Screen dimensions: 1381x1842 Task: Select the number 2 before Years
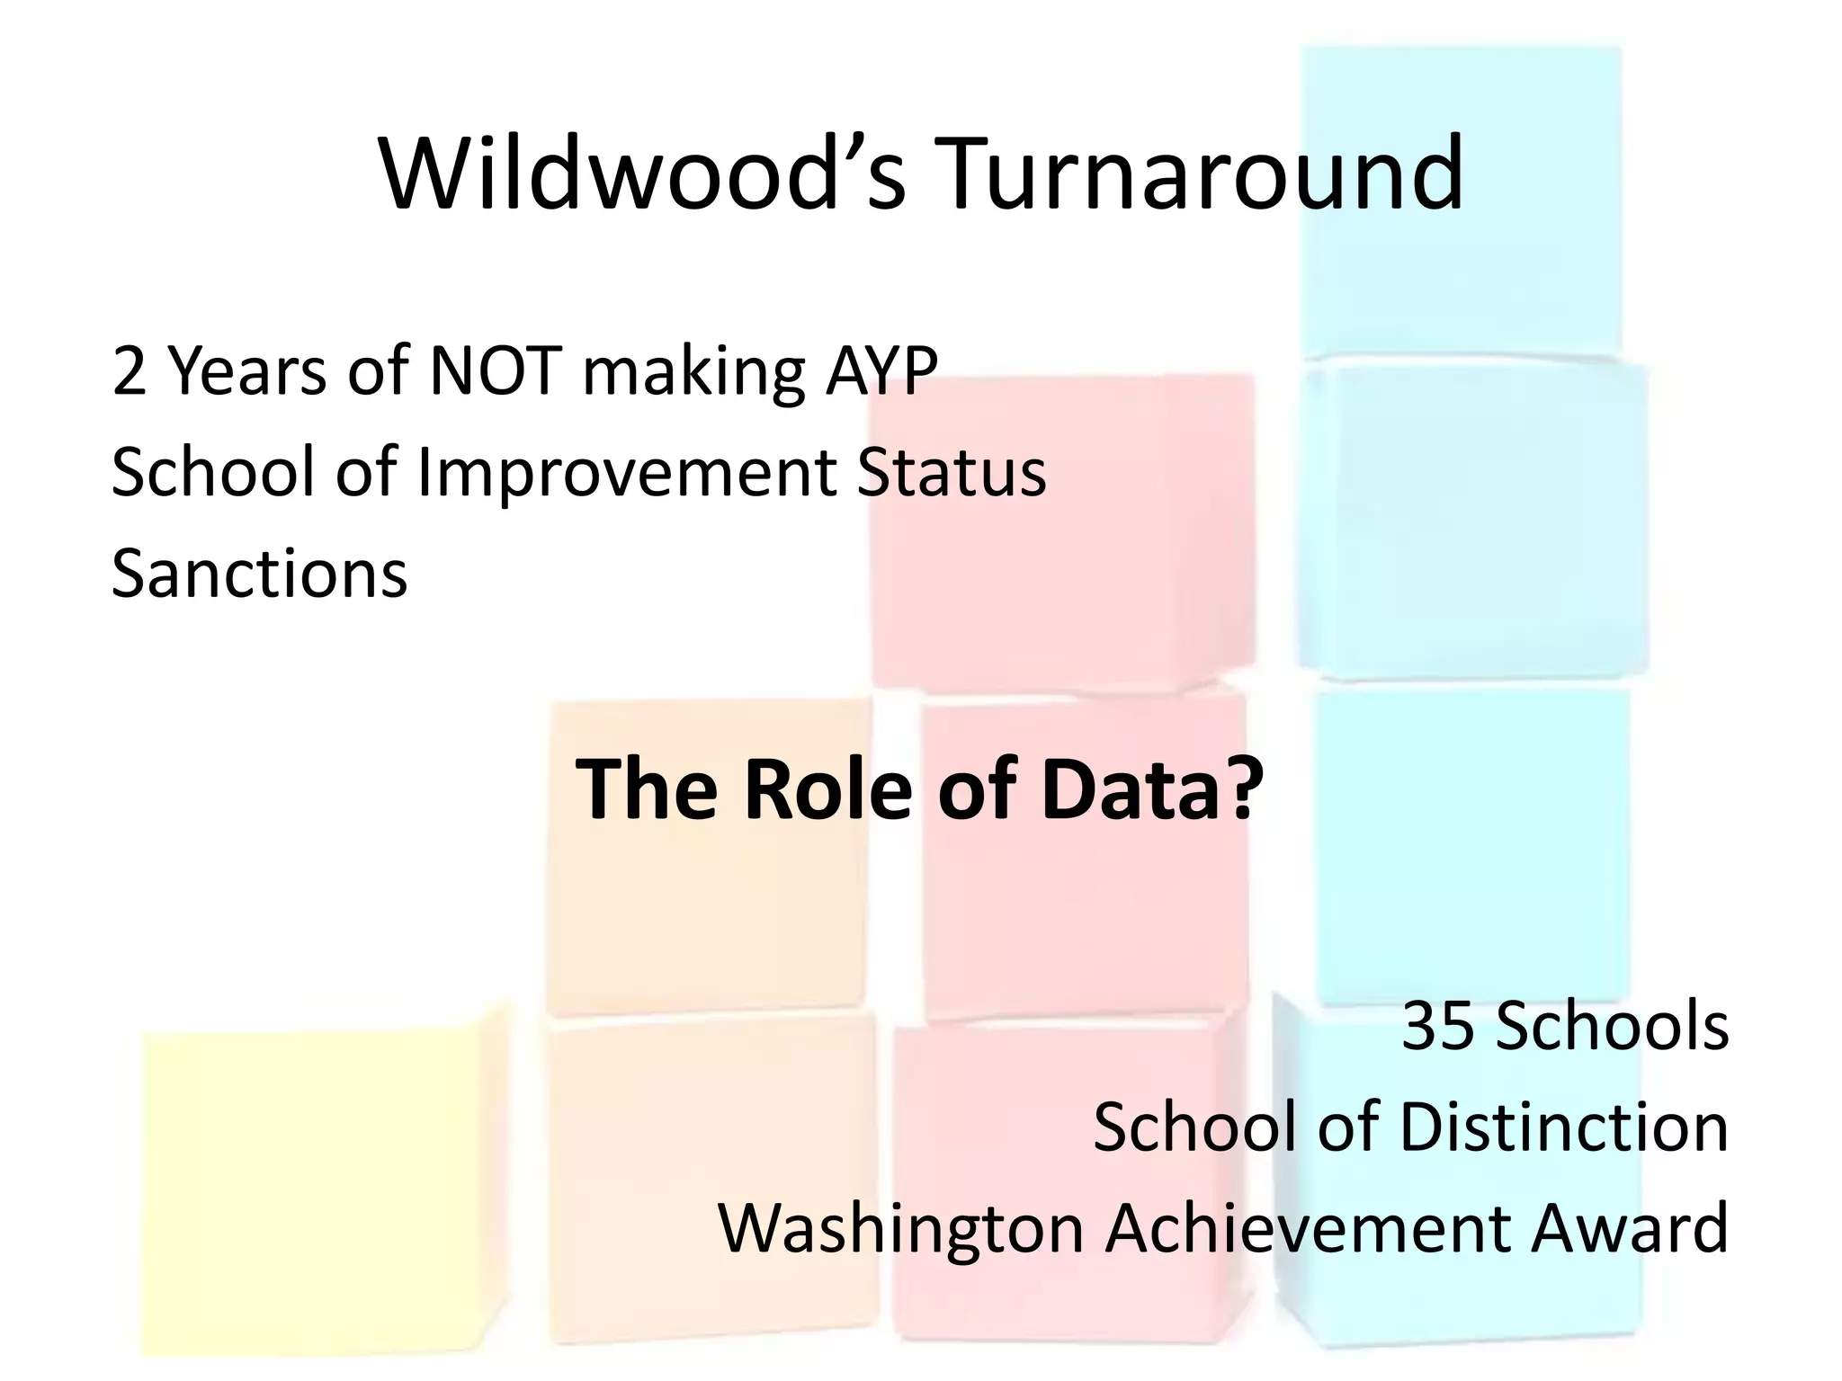[129, 371]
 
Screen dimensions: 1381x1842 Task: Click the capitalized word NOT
[496, 371]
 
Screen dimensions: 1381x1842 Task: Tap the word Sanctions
[259, 575]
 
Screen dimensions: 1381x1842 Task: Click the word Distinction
[1564, 1127]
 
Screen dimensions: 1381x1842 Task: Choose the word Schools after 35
[1611, 1026]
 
